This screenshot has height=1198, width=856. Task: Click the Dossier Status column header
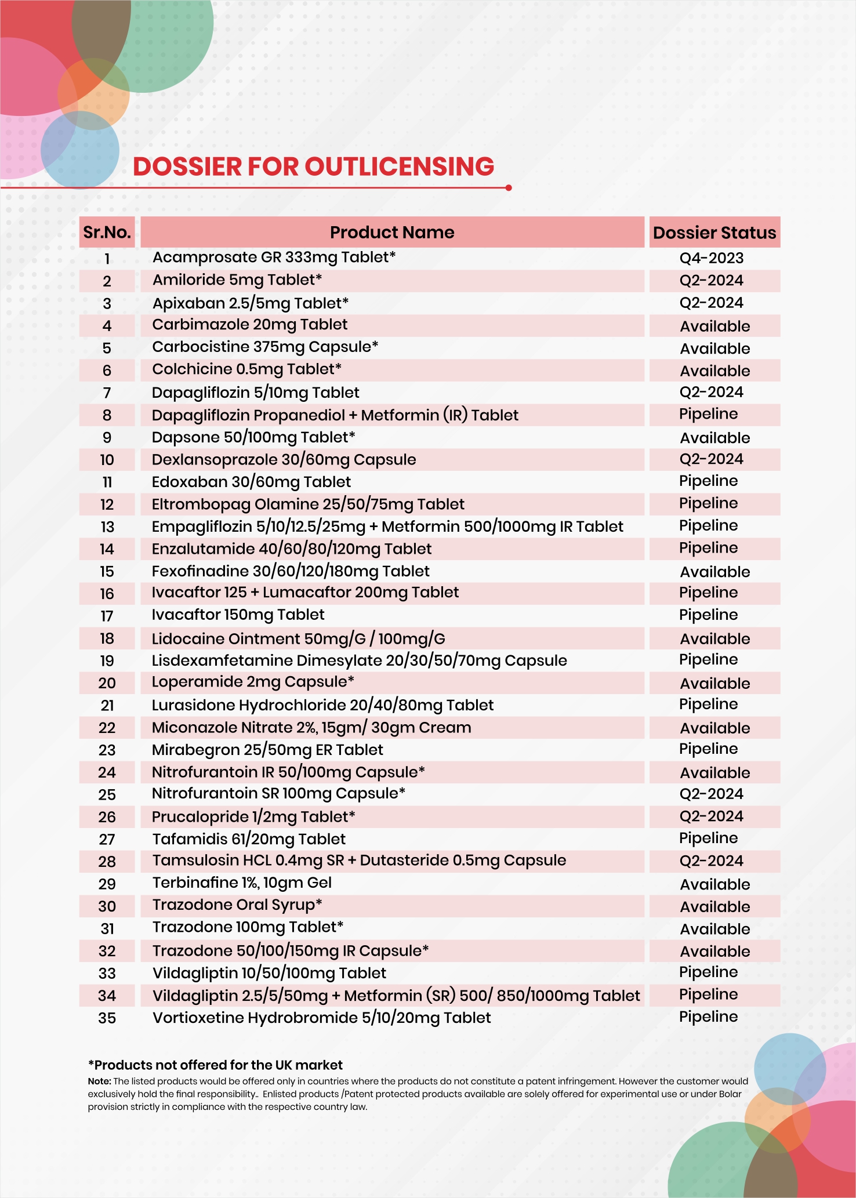714,233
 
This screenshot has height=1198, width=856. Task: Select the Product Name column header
392,233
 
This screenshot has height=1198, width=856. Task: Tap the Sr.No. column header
107,233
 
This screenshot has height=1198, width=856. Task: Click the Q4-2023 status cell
711,258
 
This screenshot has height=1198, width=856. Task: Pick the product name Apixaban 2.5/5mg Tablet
251,303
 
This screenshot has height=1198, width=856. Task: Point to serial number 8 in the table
107,415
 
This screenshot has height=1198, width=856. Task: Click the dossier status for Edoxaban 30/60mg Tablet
708,481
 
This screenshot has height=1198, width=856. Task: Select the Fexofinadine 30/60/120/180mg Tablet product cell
291,571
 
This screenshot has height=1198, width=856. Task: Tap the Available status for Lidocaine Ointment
714,639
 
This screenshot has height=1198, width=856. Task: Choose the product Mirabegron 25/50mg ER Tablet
267,750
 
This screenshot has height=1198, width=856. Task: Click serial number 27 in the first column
107,839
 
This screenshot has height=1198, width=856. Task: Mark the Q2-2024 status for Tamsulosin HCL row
711,861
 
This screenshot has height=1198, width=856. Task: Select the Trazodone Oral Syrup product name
237,905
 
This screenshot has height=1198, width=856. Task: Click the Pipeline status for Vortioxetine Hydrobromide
708,1017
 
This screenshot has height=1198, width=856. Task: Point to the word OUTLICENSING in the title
400,166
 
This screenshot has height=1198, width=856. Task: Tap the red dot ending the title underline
509,188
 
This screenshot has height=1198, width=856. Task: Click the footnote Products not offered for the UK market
215,1065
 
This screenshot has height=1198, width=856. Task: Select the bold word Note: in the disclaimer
99,1081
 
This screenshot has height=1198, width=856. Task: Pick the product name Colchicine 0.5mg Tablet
246,369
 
